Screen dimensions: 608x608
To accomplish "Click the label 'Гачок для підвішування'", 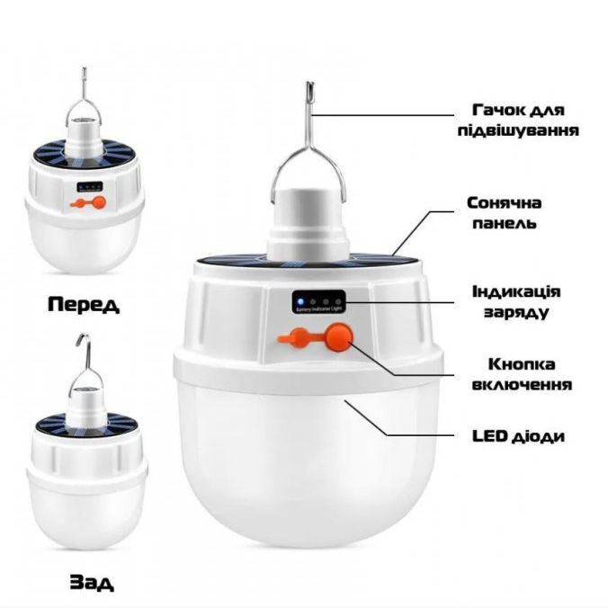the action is click(518, 121).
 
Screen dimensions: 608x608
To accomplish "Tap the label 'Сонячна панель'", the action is click(505, 213).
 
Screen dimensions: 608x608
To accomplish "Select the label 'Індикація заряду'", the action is click(516, 301).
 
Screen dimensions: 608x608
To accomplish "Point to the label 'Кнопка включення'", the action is click(522, 374).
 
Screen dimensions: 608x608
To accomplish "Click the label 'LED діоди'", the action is click(518, 436).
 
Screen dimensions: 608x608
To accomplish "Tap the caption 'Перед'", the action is click(84, 304).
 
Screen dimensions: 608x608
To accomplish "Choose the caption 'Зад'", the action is click(92, 582).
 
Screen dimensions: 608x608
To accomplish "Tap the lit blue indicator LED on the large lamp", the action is click(300, 301).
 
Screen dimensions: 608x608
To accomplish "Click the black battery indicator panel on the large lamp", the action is click(318, 301).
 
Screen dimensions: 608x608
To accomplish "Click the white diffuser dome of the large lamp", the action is click(308, 461).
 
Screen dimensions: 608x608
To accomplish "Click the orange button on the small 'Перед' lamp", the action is click(99, 202).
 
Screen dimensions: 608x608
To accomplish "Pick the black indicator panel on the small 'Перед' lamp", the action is click(90, 187).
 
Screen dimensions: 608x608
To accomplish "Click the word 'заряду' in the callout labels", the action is click(516, 312).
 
